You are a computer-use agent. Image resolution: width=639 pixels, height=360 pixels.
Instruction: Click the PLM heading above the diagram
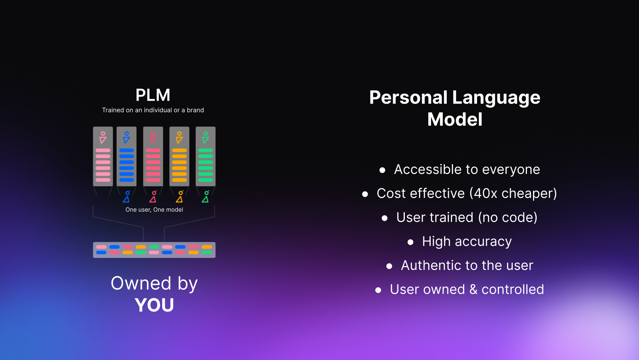click(x=153, y=95)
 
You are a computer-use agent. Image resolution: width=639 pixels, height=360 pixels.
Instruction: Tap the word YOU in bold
click(x=154, y=305)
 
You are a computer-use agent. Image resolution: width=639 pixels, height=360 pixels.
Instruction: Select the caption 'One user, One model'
click(x=154, y=210)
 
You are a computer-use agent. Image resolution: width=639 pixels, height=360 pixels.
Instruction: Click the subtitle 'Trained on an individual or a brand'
click(x=153, y=110)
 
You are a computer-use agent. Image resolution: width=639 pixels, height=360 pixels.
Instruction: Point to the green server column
click(x=205, y=156)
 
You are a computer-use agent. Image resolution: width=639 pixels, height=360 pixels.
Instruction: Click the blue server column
click(x=126, y=156)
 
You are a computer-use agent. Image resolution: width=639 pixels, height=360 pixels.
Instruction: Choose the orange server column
click(x=179, y=156)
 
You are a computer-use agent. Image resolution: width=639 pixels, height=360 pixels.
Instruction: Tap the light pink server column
click(x=103, y=156)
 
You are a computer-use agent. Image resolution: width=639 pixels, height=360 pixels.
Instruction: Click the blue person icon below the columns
click(x=127, y=197)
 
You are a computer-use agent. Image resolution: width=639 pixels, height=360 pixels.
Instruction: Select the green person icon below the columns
click(x=205, y=197)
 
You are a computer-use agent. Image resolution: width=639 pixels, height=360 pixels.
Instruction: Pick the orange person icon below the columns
click(x=179, y=197)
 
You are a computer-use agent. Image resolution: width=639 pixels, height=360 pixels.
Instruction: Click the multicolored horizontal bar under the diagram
click(x=154, y=250)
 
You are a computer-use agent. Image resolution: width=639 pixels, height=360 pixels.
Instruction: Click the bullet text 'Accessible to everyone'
click(x=467, y=170)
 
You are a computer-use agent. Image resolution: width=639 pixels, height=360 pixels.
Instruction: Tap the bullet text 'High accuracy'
click(x=467, y=241)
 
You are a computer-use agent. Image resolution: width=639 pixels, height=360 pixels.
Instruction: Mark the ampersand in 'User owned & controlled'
click(x=473, y=290)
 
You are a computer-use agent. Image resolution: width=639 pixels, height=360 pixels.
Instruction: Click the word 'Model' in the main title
click(x=455, y=119)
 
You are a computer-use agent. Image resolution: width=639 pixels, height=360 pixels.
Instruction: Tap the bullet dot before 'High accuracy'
click(x=410, y=242)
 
